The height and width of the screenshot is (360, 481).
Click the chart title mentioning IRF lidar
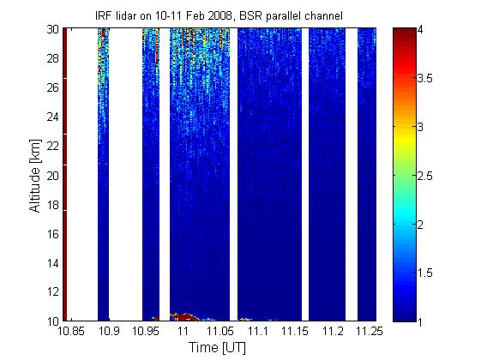coord(219,15)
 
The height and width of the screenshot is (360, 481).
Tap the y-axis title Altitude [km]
coord(35,176)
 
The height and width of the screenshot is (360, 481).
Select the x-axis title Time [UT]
coord(217,347)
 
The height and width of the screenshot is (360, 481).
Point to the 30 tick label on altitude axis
coord(53,30)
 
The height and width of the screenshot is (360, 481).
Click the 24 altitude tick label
coord(53,117)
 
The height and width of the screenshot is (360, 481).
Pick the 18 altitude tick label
coord(53,205)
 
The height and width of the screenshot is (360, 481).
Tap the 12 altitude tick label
coord(53,291)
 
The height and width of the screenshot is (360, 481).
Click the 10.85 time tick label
coord(71,331)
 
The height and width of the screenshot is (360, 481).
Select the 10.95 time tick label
coord(146,331)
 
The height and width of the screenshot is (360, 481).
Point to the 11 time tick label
coord(183,331)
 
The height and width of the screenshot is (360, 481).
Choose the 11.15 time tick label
coord(295,331)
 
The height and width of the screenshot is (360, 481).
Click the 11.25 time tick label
coord(370,331)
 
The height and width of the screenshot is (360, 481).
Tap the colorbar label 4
coord(420,30)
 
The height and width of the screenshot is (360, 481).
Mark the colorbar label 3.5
coord(425,79)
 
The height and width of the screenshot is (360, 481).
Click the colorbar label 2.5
coord(425,176)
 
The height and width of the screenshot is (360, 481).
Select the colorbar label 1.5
coord(425,273)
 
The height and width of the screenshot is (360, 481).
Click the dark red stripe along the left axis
coord(64,174)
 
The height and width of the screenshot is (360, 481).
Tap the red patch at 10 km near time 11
coord(184,317)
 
